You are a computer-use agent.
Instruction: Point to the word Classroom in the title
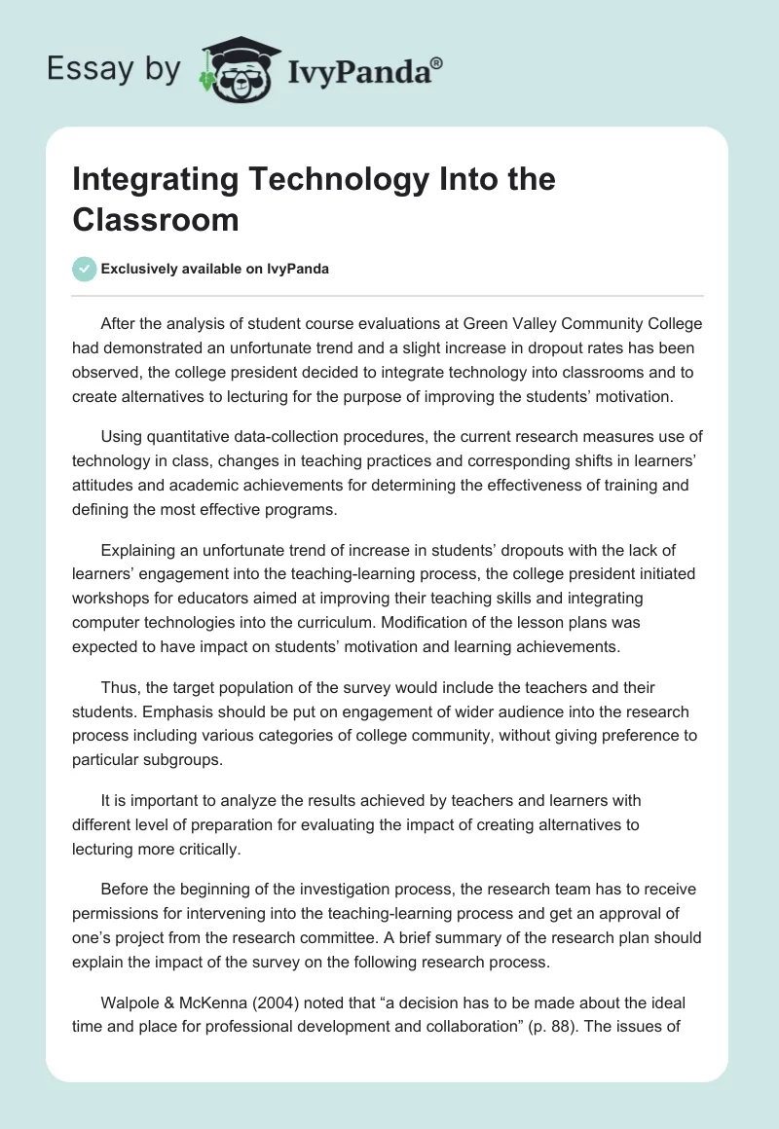coord(156,220)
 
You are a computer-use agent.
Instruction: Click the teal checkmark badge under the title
coord(85,269)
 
